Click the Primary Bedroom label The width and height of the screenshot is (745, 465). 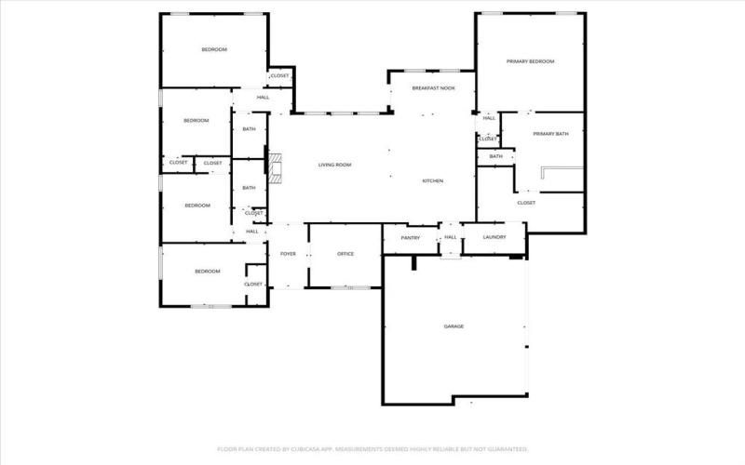click(x=530, y=61)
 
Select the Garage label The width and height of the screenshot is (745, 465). click(x=454, y=326)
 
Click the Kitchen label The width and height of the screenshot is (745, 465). click(x=432, y=180)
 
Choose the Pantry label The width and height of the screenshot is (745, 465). click(x=411, y=238)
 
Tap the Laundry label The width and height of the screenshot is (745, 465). click(x=494, y=237)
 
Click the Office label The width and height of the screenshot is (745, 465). click(x=345, y=254)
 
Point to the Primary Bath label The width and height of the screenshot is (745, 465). click(x=550, y=134)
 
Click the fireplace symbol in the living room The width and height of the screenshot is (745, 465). click(x=276, y=163)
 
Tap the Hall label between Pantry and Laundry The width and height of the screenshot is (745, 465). click(x=450, y=237)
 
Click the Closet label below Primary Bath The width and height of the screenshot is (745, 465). click(x=526, y=202)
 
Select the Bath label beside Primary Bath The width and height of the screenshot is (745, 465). click(x=495, y=156)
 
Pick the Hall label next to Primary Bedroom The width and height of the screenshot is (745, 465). click(x=489, y=118)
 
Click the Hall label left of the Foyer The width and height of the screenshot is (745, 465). click(x=252, y=232)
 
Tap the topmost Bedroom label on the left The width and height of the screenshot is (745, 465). click(x=214, y=49)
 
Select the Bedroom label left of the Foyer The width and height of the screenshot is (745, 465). click(x=207, y=271)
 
